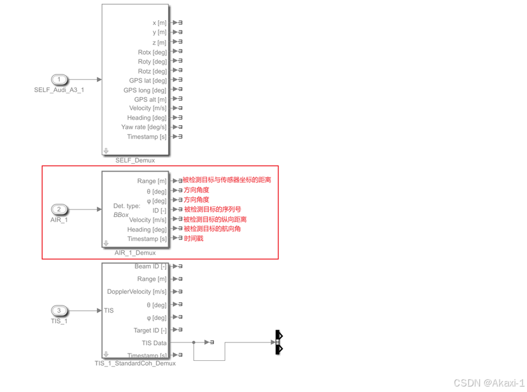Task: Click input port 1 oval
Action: (59, 79)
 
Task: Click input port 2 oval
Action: (59, 209)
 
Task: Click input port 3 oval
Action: (59, 311)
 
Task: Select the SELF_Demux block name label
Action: (135, 161)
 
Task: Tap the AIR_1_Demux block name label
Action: (135, 253)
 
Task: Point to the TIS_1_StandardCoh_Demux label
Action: (135, 363)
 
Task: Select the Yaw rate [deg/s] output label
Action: (144, 127)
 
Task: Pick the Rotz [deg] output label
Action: (152, 71)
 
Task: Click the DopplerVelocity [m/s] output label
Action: (137, 292)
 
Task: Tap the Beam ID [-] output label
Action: (150, 266)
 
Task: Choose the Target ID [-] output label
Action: (150, 330)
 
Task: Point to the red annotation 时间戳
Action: (194, 239)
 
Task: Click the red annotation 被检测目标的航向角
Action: (212, 229)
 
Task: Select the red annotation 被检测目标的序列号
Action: (212, 209)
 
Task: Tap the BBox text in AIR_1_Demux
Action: (121, 215)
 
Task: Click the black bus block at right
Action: (278, 343)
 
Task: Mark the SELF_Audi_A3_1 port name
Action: (59, 90)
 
